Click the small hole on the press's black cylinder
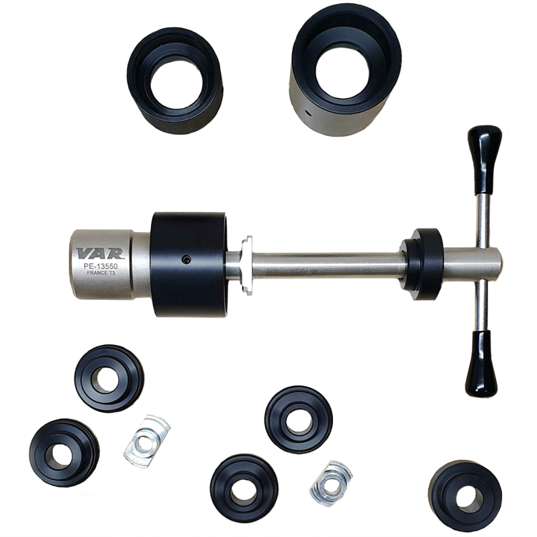tap(187, 260)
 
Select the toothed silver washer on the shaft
tap(246, 264)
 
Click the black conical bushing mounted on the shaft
tap(422, 262)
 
